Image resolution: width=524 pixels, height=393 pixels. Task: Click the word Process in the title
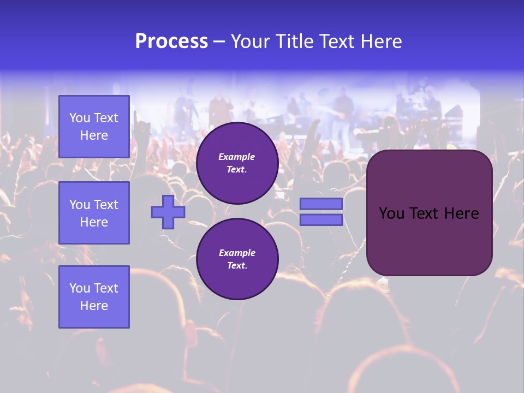point(171,41)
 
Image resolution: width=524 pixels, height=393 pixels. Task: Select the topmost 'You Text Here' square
point(94,127)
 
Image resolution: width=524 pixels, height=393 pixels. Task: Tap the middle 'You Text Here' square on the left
point(94,213)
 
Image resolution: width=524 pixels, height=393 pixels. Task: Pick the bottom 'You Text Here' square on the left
point(94,297)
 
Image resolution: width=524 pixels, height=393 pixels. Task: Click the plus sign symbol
point(168,212)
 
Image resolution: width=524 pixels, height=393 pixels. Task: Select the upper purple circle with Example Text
point(237,163)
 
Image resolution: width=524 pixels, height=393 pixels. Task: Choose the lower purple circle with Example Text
point(237,259)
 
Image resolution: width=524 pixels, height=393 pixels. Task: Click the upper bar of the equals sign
point(321,204)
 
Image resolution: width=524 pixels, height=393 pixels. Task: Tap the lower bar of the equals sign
point(321,220)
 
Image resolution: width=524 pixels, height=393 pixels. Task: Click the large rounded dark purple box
point(429,240)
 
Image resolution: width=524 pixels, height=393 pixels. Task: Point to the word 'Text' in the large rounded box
point(427,213)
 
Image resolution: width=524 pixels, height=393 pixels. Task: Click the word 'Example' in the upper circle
point(237,157)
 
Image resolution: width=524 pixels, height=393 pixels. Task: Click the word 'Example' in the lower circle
point(237,253)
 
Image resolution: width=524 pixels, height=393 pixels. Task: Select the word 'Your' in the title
point(249,41)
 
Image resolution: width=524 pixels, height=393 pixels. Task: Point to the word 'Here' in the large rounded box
point(461,213)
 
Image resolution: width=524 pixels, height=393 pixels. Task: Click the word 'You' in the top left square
point(80,118)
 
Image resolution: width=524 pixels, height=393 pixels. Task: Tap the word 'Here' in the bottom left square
point(94,306)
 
